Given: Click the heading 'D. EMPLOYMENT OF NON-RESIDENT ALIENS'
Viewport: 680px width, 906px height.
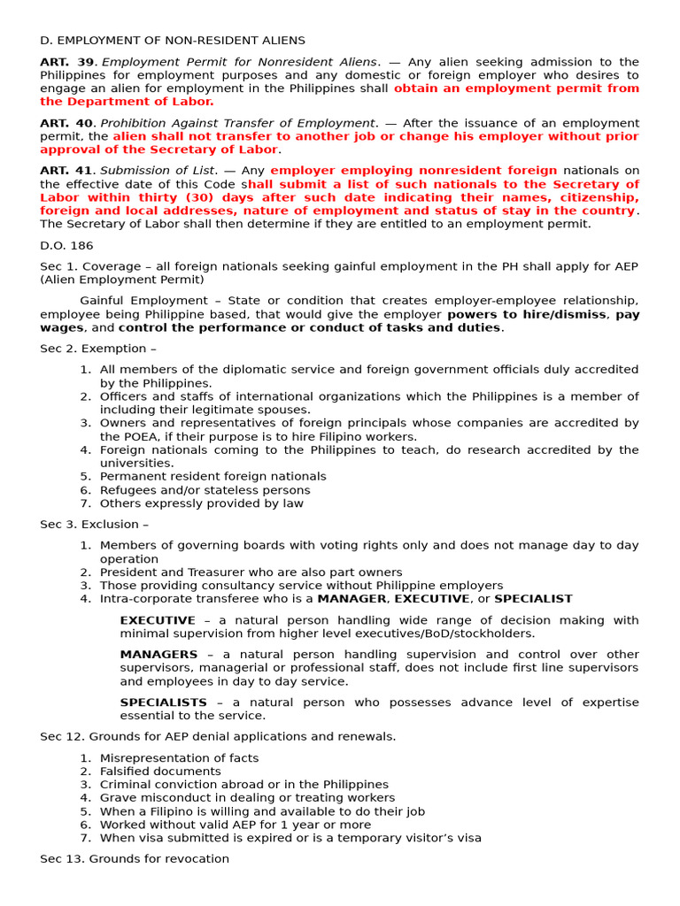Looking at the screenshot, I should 172,41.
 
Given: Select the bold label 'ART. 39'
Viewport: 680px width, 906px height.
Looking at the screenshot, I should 66,62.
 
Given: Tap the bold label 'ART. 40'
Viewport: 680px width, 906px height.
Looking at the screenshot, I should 66,123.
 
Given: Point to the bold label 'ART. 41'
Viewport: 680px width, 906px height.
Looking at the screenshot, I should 66,171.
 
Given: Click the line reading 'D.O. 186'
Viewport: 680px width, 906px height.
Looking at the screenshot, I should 66,245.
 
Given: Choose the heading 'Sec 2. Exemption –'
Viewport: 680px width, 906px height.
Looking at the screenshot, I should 92,349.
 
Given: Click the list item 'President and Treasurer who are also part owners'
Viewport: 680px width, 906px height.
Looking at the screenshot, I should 251,572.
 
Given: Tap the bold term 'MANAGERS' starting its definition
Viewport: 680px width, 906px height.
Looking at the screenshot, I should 158,654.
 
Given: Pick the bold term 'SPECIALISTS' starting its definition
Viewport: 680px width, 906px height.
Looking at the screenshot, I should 163,702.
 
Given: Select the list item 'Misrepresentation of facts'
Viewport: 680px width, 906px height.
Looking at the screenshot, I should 179,758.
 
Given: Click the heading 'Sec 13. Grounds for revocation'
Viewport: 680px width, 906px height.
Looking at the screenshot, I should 134,858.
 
